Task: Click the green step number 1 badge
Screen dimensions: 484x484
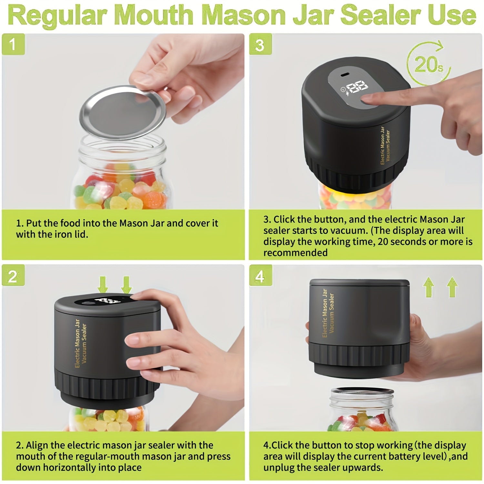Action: point(13,44)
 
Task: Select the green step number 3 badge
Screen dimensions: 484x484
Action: point(260,45)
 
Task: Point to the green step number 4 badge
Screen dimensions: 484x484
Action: point(260,276)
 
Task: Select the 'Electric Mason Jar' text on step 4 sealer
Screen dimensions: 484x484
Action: point(325,313)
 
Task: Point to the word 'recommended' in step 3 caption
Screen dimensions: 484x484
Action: point(295,253)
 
